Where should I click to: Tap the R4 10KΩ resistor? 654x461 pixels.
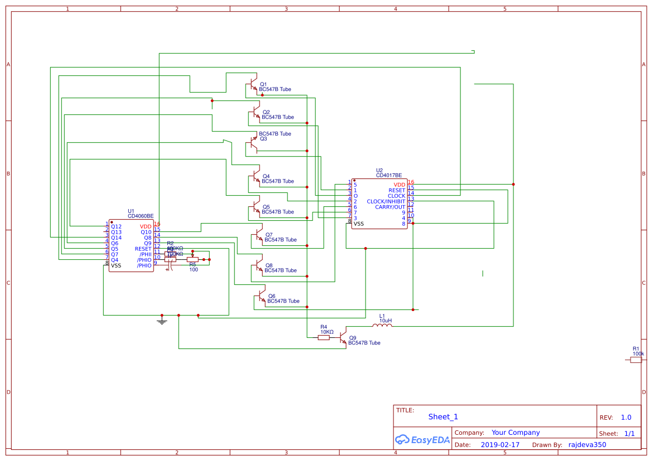[324, 337]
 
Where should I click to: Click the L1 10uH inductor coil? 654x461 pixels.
[382, 326]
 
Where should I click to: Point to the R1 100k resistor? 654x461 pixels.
[636, 360]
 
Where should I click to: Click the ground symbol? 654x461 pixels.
[162, 321]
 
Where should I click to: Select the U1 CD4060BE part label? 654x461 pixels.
[141, 216]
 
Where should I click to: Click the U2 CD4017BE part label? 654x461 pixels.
[389, 175]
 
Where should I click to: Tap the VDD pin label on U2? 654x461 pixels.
[399, 185]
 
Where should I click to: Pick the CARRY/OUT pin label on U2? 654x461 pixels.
[390, 207]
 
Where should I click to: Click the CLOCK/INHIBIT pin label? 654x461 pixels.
[386, 201]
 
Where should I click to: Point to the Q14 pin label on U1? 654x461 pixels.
[116, 237]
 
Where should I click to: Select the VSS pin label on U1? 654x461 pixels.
[116, 265]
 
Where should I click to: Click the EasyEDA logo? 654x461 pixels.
[422, 440]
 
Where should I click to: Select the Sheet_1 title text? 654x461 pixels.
[443, 417]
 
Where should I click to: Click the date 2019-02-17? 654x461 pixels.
[500, 445]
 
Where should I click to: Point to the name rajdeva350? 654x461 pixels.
[587, 445]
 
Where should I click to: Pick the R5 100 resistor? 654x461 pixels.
[193, 259]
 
